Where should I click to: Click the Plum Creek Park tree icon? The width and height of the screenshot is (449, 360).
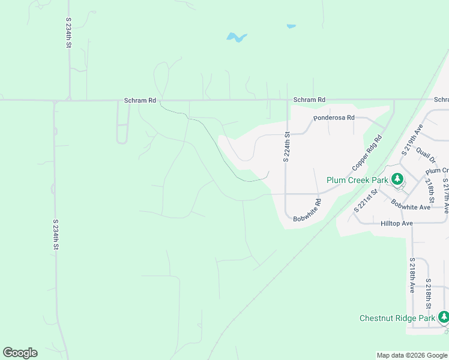(x=397, y=179)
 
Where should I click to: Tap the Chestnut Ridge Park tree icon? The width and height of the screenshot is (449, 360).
(x=444, y=317)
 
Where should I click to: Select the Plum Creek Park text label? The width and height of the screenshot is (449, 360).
(x=357, y=180)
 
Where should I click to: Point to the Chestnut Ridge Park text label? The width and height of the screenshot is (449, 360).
(x=397, y=318)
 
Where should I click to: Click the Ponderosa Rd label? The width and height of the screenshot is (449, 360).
(x=334, y=118)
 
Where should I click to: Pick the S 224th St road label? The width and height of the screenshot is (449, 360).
(x=287, y=147)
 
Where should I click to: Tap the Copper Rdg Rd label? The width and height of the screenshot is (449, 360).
(x=367, y=154)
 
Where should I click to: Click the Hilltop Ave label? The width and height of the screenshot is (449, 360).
(x=397, y=223)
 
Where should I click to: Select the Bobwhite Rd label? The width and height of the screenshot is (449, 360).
(x=308, y=211)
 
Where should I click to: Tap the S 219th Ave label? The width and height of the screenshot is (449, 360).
(x=414, y=140)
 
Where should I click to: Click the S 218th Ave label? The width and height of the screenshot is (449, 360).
(x=412, y=275)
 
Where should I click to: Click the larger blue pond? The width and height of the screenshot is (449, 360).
(x=237, y=38)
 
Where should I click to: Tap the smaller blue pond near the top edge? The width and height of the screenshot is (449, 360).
(x=291, y=26)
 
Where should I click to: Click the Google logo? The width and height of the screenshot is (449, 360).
(x=20, y=353)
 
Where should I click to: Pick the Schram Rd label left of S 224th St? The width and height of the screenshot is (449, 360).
(x=140, y=101)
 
